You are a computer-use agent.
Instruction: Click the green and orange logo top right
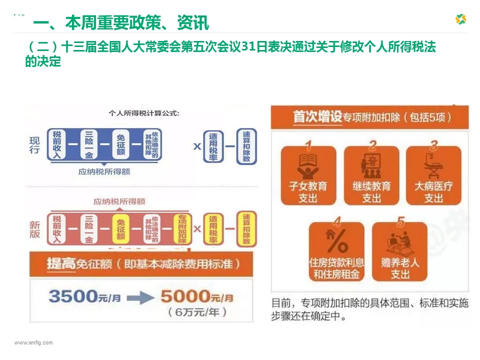pos(460,19)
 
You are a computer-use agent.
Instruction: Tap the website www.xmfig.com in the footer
pos(33,342)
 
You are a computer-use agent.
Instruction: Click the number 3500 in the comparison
pos(72,296)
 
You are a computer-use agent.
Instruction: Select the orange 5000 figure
pos(184,296)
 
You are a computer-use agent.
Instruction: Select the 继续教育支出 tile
pos(371,175)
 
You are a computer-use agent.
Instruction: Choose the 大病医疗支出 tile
pos(433,175)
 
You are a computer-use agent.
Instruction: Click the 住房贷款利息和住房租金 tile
pos(337,251)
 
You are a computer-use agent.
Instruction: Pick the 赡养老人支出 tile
pos(400,251)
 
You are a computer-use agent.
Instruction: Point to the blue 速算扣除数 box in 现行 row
pos(246,146)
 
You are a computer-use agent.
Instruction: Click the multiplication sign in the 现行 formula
pos(197,146)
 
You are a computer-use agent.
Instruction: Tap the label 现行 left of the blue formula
pos(34,144)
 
